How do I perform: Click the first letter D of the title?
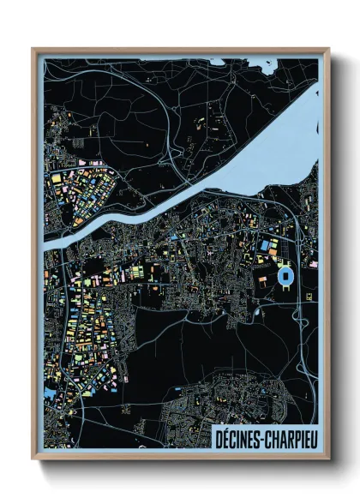click(x=213, y=436)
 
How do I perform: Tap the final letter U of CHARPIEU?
click(x=311, y=436)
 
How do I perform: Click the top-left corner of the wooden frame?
click(x=33, y=49)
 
